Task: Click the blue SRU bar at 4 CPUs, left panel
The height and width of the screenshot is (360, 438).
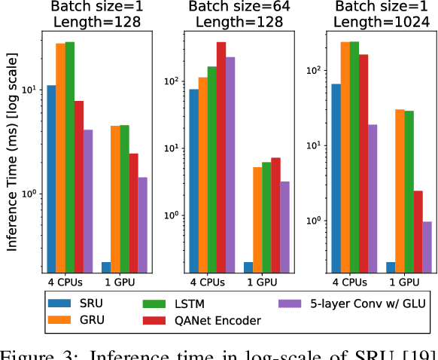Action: [x=51, y=178]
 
